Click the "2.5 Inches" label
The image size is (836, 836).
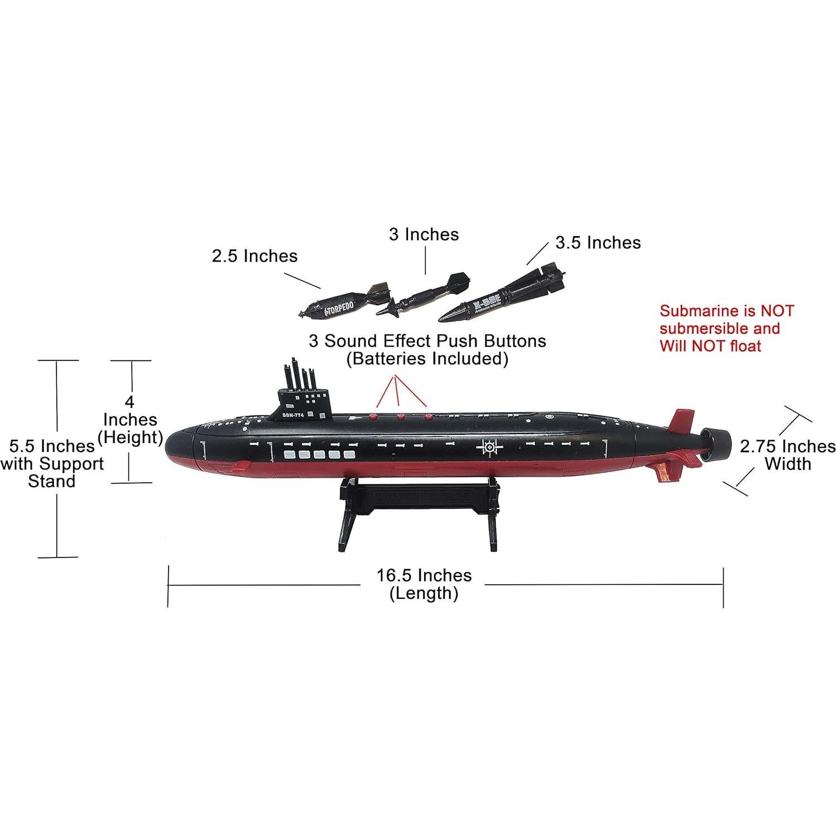click(x=254, y=256)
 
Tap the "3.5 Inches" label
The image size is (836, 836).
click(x=598, y=243)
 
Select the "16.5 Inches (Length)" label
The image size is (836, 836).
click(x=424, y=584)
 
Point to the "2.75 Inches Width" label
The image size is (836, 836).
click(x=787, y=455)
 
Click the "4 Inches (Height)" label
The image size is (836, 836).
click(x=131, y=419)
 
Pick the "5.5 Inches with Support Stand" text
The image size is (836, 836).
click(x=52, y=463)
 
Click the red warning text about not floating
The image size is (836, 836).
click(x=726, y=328)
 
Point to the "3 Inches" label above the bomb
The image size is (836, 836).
click(x=424, y=234)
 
